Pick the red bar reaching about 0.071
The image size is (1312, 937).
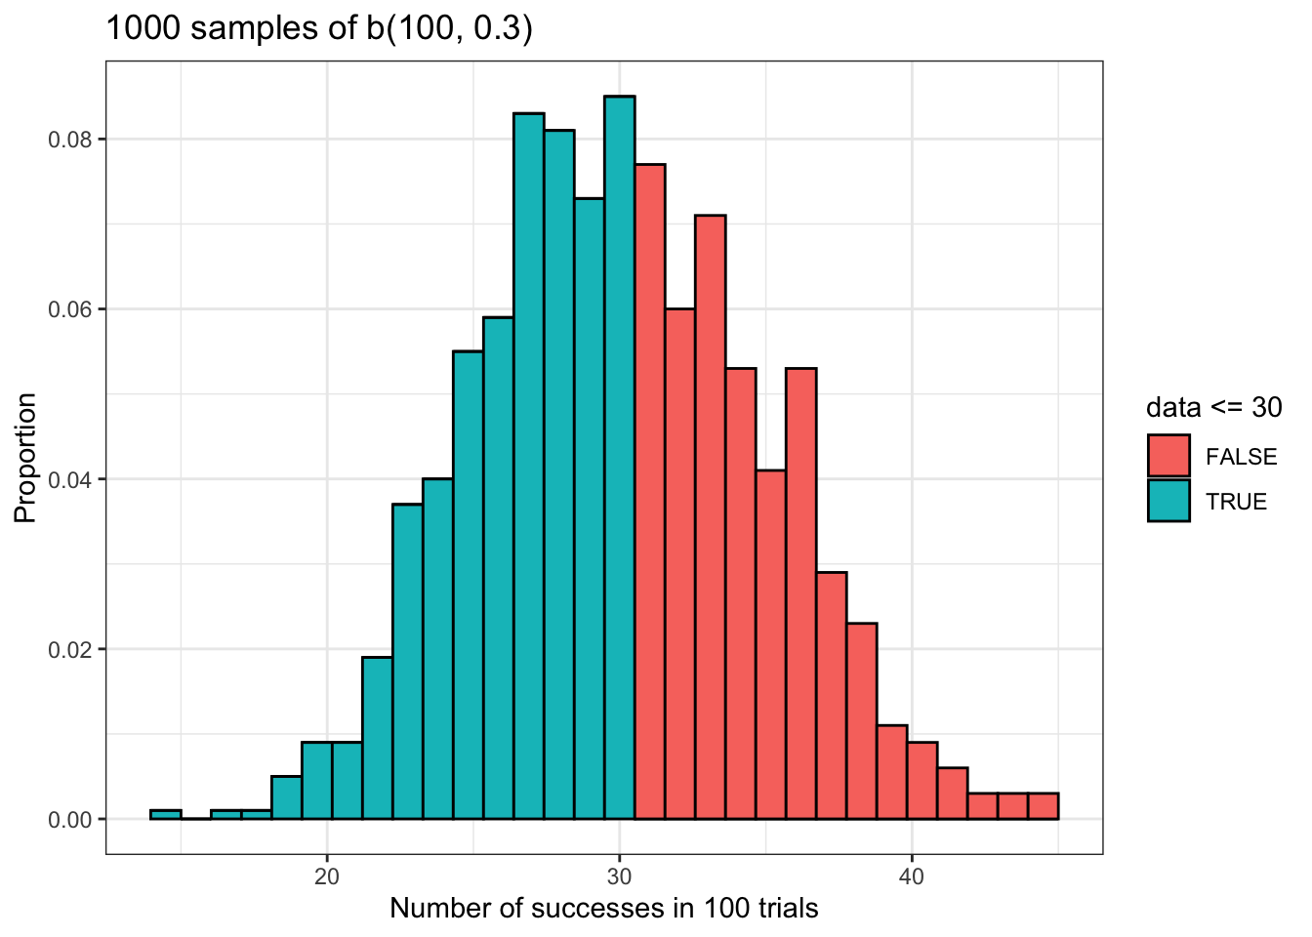[x=710, y=516]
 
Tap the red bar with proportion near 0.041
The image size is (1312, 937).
[x=770, y=644]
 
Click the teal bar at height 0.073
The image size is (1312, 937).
[x=589, y=508]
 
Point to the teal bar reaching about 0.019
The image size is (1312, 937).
[x=377, y=738]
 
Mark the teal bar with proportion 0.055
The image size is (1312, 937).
[x=468, y=585]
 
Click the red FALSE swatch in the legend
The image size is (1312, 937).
[x=1168, y=456]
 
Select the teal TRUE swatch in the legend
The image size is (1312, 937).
[x=1168, y=501]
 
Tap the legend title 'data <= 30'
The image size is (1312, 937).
[x=1213, y=407]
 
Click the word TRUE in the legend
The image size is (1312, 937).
[x=1236, y=502]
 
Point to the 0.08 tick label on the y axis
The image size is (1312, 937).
[x=70, y=140]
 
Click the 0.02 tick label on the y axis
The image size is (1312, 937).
[x=70, y=650]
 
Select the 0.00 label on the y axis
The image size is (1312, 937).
[x=70, y=820]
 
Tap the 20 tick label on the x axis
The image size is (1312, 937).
[x=327, y=876]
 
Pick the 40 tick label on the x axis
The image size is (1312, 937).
[x=911, y=876]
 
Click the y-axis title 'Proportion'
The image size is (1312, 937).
[x=26, y=458]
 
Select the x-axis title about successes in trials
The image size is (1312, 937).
[x=603, y=909]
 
